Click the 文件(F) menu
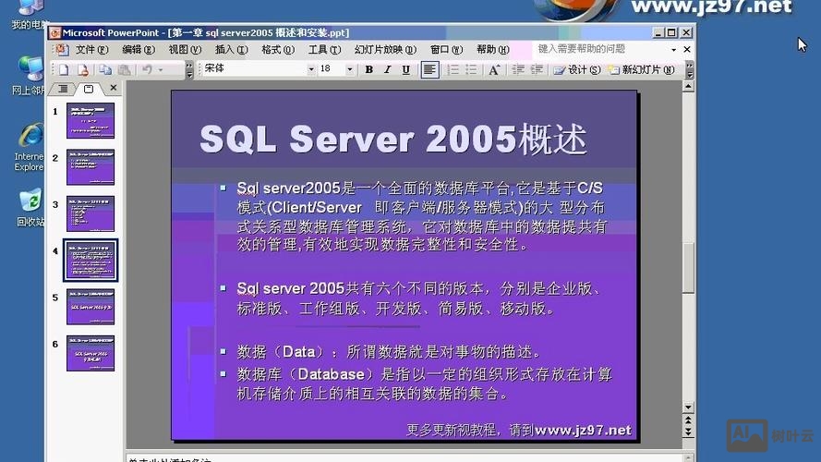click(91, 50)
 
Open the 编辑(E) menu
click(138, 50)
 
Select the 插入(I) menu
click(231, 50)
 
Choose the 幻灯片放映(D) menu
click(379, 50)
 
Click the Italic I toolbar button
click(387, 69)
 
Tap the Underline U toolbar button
click(405, 69)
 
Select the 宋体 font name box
click(253, 69)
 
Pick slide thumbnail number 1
click(91, 120)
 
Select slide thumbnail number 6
click(91, 353)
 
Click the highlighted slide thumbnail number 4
click(91, 260)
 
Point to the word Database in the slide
click(331, 375)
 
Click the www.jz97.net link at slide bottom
click(583, 430)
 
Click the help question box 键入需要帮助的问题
click(600, 49)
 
